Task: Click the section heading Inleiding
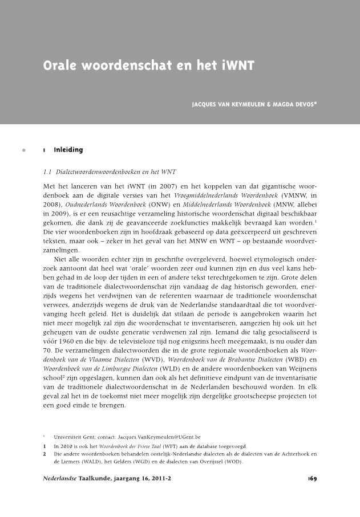click(68, 150)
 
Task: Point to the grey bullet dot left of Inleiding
click(23, 150)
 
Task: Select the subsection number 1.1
click(48, 172)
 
